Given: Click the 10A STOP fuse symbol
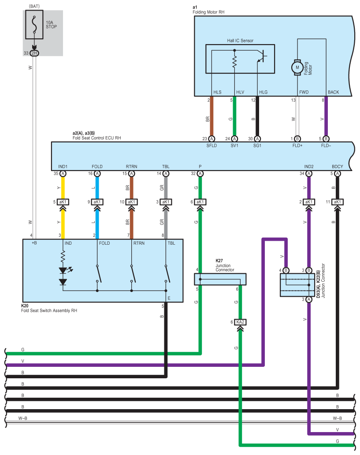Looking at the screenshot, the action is pos(34,25).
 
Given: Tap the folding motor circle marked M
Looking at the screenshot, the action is pos(297,67).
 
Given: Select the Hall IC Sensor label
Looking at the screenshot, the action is pos(240,41).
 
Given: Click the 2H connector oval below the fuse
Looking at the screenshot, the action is pos(34,53).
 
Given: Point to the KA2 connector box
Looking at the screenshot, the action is pos(240,322).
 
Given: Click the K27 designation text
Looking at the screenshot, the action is pos(219,261).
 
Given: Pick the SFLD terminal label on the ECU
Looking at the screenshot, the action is pos(212,145).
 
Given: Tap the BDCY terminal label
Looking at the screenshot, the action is pos(338,167).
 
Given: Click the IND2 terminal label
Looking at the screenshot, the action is pos(308,167).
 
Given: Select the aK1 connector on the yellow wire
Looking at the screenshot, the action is pos(63,201).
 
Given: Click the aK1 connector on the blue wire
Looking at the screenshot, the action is pos(97,201).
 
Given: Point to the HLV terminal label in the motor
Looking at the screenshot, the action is pos(240,92).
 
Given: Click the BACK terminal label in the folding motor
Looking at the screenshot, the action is pos(333,92).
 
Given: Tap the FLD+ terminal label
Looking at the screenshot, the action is pos(297,145).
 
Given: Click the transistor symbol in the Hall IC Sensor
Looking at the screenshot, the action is pos(262,56).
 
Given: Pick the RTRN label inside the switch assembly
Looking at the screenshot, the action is pos(139,243).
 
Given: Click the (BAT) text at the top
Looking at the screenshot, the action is pos(34,6).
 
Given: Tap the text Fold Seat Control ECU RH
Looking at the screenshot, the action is pos(96,138).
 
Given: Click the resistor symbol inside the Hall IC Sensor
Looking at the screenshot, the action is pos(234,62).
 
